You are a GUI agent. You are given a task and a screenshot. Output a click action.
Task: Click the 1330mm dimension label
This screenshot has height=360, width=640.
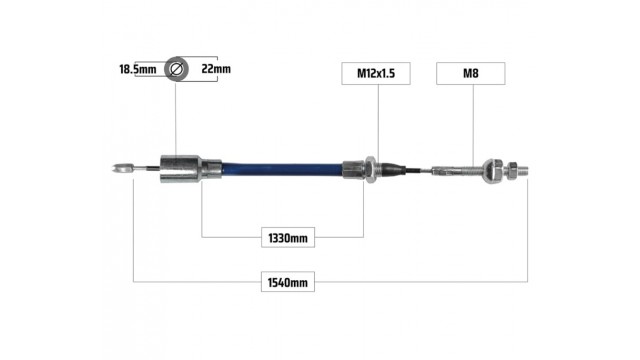coord(288,238)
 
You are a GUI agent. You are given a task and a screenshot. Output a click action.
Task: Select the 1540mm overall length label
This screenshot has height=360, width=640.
coord(288,282)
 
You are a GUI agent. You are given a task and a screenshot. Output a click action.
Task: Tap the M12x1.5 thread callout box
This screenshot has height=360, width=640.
coord(376,73)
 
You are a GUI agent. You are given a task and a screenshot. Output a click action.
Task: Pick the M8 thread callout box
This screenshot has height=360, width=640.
coord(471,73)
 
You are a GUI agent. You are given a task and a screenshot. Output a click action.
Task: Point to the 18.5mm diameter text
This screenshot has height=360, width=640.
coord(138,69)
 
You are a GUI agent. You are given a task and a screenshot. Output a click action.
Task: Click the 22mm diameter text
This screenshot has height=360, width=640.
coord(216,69)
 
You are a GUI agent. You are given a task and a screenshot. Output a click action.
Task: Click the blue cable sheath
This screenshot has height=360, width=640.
coord(282,170)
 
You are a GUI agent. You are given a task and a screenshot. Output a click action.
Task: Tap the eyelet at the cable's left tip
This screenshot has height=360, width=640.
coord(122,168)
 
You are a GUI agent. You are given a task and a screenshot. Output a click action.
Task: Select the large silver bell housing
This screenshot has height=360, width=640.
coord(180,169)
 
